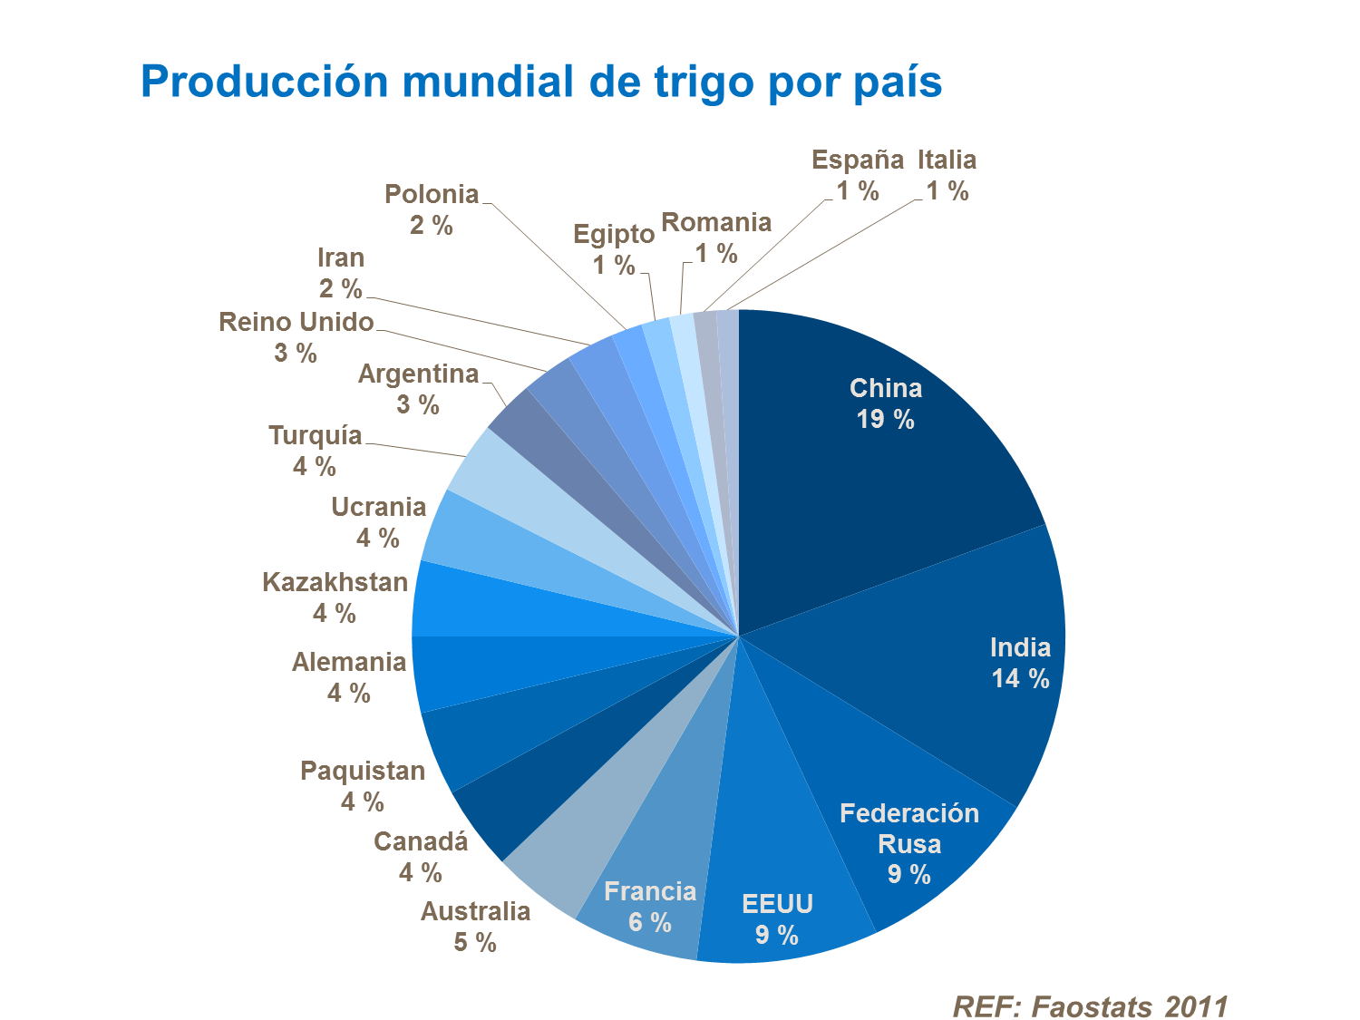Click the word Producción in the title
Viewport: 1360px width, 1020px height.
pos(264,82)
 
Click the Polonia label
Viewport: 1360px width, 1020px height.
pos(432,194)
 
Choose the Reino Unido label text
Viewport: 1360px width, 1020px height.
pos(296,322)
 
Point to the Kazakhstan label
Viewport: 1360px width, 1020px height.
pos(335,582)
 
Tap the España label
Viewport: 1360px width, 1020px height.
pos(857,160)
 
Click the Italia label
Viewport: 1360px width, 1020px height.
pos(947,160)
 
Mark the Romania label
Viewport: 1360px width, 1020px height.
pos(716,222)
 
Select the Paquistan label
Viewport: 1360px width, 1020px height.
pos(363,771)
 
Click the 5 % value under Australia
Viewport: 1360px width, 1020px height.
pos(475,943)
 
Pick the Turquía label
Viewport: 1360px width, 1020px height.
pos(315,436)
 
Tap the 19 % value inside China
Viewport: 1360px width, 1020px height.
pos(886,420)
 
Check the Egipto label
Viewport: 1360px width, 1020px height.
pos(614,235)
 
